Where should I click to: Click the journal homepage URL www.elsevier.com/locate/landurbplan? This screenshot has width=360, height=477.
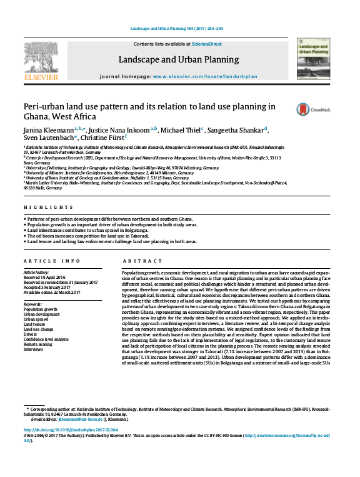click(205, 76)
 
